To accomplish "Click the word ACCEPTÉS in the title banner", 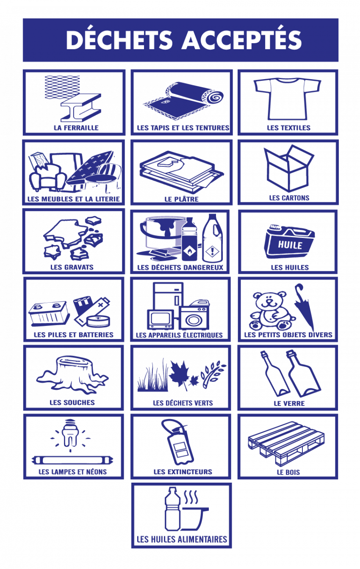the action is [241, 40].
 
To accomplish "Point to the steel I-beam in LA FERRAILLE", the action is [80, 108].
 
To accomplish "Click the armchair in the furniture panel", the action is [47, 178].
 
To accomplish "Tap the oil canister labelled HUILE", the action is [289, 241].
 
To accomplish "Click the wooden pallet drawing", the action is [286, 443].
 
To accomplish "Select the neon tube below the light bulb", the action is [72, 460].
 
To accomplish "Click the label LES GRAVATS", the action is [72, 267].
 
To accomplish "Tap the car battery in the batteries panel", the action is [49, 313].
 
